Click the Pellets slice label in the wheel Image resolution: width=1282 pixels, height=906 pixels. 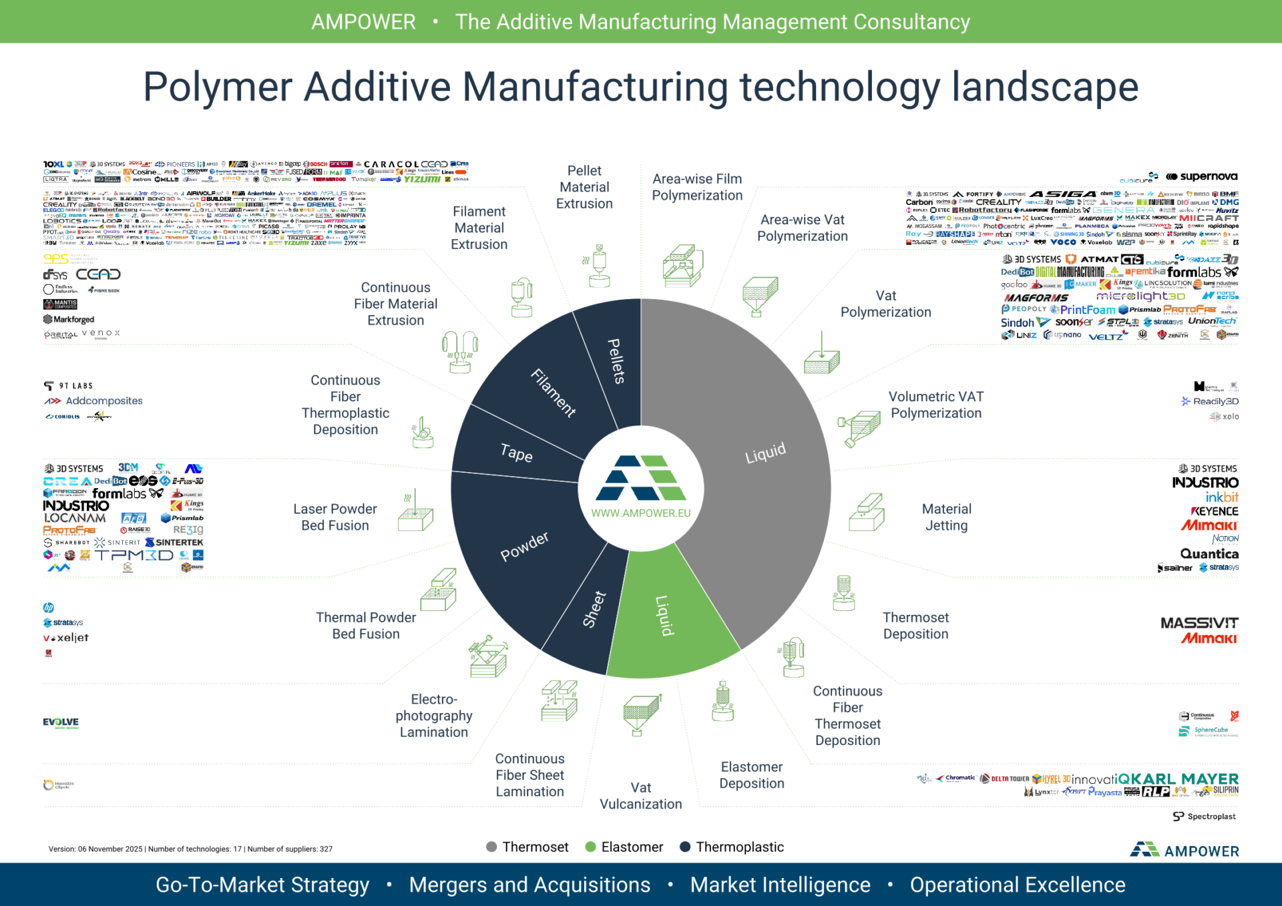tap(616, 361)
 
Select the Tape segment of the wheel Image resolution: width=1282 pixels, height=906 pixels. tap(516, 453)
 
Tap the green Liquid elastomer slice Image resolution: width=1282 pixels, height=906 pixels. tap(662, 616)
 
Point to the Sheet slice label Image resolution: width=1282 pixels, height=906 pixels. tap(594, 609)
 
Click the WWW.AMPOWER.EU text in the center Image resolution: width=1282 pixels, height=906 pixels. tap(641, 513)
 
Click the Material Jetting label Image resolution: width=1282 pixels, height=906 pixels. tap(946, 517)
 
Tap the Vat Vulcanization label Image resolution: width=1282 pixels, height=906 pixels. tap(640, 796)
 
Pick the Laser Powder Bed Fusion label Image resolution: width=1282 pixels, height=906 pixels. tap(335, 517)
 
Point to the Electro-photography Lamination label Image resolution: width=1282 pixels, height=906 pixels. tap(433, 716)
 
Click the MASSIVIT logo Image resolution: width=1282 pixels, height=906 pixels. tap(1199, 623)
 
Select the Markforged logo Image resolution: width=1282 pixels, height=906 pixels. tap(69, 320)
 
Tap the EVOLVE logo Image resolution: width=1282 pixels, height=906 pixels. tap(61, 722)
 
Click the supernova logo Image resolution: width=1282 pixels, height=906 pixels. tap(1201, 177)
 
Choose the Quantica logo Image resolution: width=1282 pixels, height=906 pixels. tap(1209, 553)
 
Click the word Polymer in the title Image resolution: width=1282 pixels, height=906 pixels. tap(218, 87)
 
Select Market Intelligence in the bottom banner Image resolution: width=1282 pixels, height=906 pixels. tap(780, 885)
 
